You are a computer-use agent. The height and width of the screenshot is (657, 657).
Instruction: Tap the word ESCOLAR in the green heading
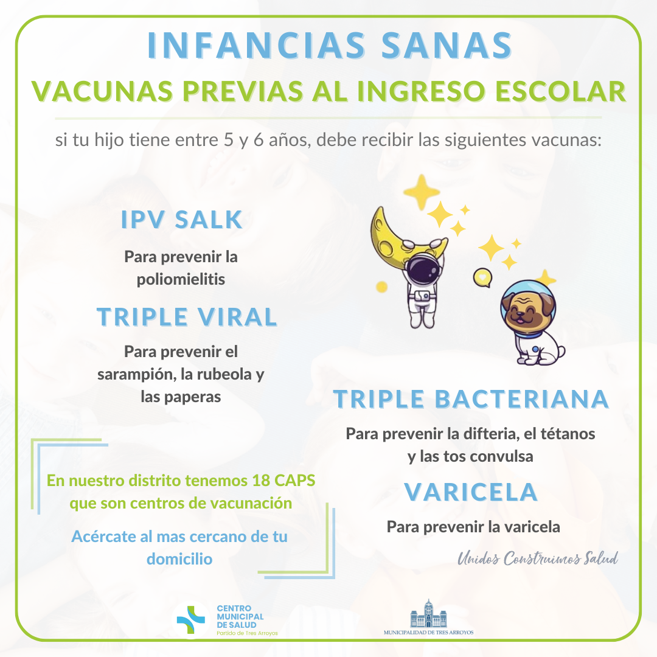click(561, 91)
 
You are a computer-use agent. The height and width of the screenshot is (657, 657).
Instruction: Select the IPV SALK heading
click(181, 219)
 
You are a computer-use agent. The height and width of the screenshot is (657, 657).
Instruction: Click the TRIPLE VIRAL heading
click(187, 316)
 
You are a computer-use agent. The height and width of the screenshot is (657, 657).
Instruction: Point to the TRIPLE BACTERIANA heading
click(471, 398)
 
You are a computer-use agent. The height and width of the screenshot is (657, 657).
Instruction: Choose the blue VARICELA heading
click(471, 492)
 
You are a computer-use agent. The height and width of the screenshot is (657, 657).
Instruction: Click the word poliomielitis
click(181, 279)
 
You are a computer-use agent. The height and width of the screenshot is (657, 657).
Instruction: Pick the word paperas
click(192, 397)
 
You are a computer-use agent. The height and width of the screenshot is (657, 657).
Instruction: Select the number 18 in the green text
click(261, 481)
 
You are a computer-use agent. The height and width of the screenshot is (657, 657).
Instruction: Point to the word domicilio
click(179, 559)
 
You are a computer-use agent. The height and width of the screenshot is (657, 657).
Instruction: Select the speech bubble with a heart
click(482, 277)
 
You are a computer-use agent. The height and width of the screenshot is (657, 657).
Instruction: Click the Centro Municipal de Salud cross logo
click(191, 619)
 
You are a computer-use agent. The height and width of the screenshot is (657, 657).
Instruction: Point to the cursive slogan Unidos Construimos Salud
click(538, 558)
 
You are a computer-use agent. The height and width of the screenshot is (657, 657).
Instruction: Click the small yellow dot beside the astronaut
click(381, 287)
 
